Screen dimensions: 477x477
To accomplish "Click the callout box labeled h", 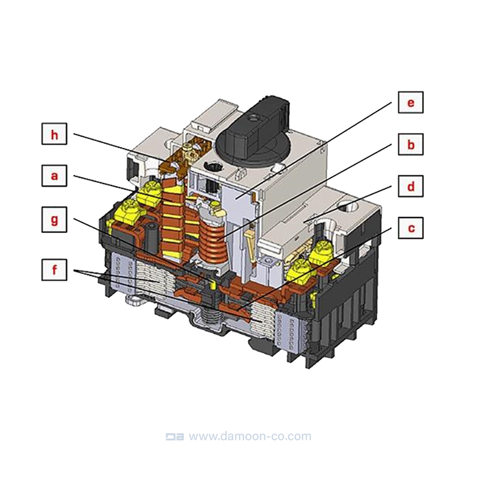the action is [x=54, y=134].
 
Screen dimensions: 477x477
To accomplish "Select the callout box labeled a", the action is [x=54, y=176].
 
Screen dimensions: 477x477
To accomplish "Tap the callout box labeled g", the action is [x=54, y=219].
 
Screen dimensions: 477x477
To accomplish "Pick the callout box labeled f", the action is [x=54, y=270].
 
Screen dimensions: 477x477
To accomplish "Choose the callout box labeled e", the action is [x=411, y=102].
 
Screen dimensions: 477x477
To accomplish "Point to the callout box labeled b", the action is [x=411, y=144].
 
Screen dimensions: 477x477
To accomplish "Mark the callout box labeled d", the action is [x=411, y=186].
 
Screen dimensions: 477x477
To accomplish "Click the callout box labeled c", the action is [x=411, y=228].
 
